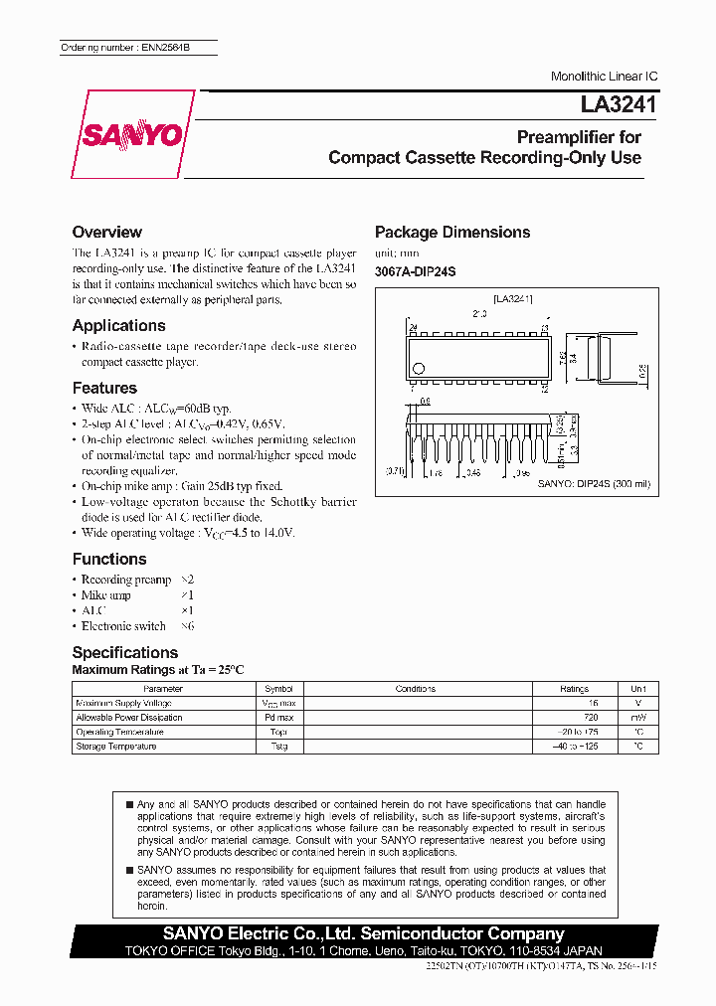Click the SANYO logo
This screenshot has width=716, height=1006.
pyautogui.click(x=132, y=134)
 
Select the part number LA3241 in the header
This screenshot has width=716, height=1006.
pyautogui.click(x=611, y=102)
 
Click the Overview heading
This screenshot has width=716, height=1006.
pyautogui.click(x=106, y=232)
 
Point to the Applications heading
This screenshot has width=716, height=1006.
pyautogui.click(x=118, y=325)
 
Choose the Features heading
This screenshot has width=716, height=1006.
pyautogui.click(x=104, y=388)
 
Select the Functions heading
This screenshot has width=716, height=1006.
pyautogui.click(x=109, y=559)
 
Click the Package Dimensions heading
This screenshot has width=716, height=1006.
pyautogui.click(x=451, y=232)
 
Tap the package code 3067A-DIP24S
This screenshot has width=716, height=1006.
pyautogui.click(x=415, y=271)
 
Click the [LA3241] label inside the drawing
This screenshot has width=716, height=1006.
pyautogui.click(x=513, y=298)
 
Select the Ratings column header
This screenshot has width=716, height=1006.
pyautogui.click(x=574, y=688)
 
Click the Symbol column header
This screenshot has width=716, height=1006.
pyautogui.click(x=278, y=688)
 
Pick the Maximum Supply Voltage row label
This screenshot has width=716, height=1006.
pyautogui.click(x=124, y=703)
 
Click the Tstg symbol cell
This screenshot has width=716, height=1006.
pyautogui.click(x=278, y=746)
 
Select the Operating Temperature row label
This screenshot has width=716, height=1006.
pyautogui.click(x=119, y=732)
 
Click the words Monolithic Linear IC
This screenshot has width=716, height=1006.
pyautogui.click(x=604, y=77)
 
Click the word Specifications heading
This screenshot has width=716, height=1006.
pyautogui.click(x=125, y=652)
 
